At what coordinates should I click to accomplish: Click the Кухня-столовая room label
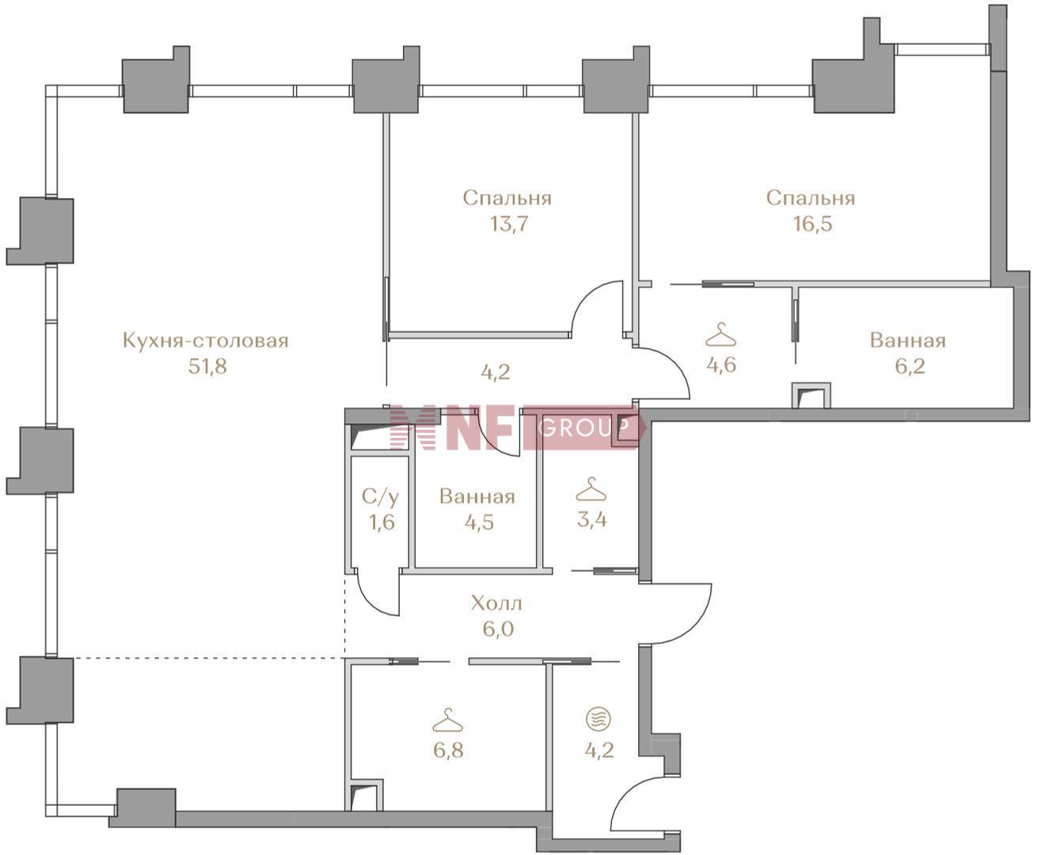[x=206, y=341]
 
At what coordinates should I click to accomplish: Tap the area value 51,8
[x=207, y=367]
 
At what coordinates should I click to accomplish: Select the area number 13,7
[x=509, y=224]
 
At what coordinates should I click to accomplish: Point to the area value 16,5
[x=812, y=224]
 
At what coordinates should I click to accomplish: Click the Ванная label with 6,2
[x=908, y=340]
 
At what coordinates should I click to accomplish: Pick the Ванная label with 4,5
[x=477, y=497]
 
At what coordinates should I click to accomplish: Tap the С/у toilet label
[x=381, y=496]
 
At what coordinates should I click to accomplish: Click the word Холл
[x=496, y=603]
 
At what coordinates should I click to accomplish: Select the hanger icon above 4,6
[x=720, y=335]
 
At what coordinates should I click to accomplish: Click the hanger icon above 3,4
[x=591, y=489]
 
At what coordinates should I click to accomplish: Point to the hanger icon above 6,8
[x=447, y=720]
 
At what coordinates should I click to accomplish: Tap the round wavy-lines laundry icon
[x=598, y=719]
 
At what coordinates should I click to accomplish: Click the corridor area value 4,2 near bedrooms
[x=496, y=371]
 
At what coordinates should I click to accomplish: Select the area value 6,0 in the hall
[x=498, y=629]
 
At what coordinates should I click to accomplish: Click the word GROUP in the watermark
[x=584, y=427]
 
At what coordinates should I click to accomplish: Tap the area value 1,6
[x=382, y=522]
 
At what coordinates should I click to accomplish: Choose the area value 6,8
[x=449, y=750]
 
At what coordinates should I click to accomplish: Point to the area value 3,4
[x=592, y=519]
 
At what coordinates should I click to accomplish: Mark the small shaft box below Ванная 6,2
[x=811, y=395]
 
